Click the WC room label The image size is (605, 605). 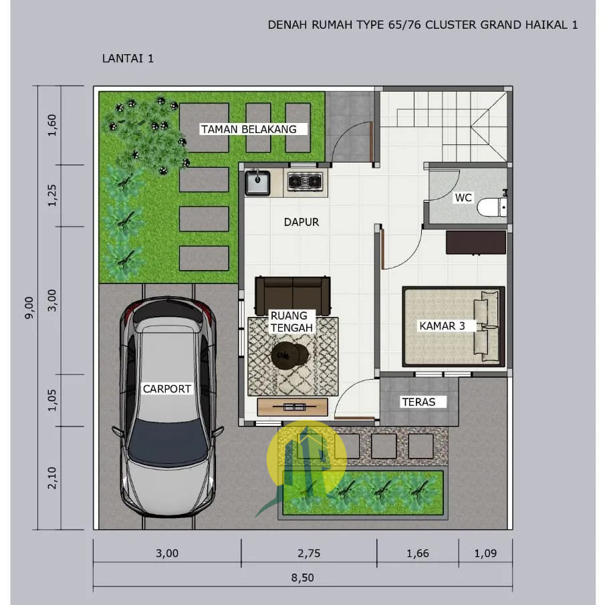[x=463, y=198]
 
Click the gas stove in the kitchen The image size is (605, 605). [x=305, y=181]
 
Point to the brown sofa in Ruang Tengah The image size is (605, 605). [x=292, y=295]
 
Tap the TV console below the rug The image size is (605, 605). [x=292, y=407]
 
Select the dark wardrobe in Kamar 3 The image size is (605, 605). [x=476, y=242]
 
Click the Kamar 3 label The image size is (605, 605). [x=442, y=326]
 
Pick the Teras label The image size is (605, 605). [x=418, y=402]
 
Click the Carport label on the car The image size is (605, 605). [x=166, y=389]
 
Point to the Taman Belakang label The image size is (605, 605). [x=249, y=129]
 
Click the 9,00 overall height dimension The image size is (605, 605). [x=29, y=308]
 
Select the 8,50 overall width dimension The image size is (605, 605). [x=302, y=578]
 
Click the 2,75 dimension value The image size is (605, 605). [x=309, y=554]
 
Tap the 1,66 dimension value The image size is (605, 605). [x=417, y=554]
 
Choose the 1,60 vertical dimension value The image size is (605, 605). [x=52, y=125]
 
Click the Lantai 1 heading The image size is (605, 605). [x=128, y=58]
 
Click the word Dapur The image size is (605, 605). [x=301, y=222]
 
